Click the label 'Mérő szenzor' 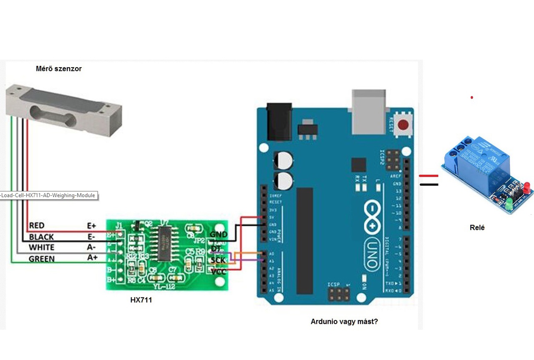click(x=58, y=69)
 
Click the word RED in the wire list click(x=37, y=226)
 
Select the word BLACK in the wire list click(x=41, y=237)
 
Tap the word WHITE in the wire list click(x=41, y=248)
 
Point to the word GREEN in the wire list click(x=41, y=259)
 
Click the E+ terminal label click(x=91, y=226)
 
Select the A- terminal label click(x=91, y=248)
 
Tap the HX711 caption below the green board click(x=141, y=300)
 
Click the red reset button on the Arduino click(x=403, y=125)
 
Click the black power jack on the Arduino click(x=279, y=122)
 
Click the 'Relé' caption click(x=477, y=228)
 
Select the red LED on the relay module click(x=527, y=186)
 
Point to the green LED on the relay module click(x=509, y=204)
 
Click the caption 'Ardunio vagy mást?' click(x=344, y=322)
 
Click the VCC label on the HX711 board click(x=219, y=272)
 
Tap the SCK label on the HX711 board click(x=218, y=260)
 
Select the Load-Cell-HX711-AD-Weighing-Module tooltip click(x=48, y=195)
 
